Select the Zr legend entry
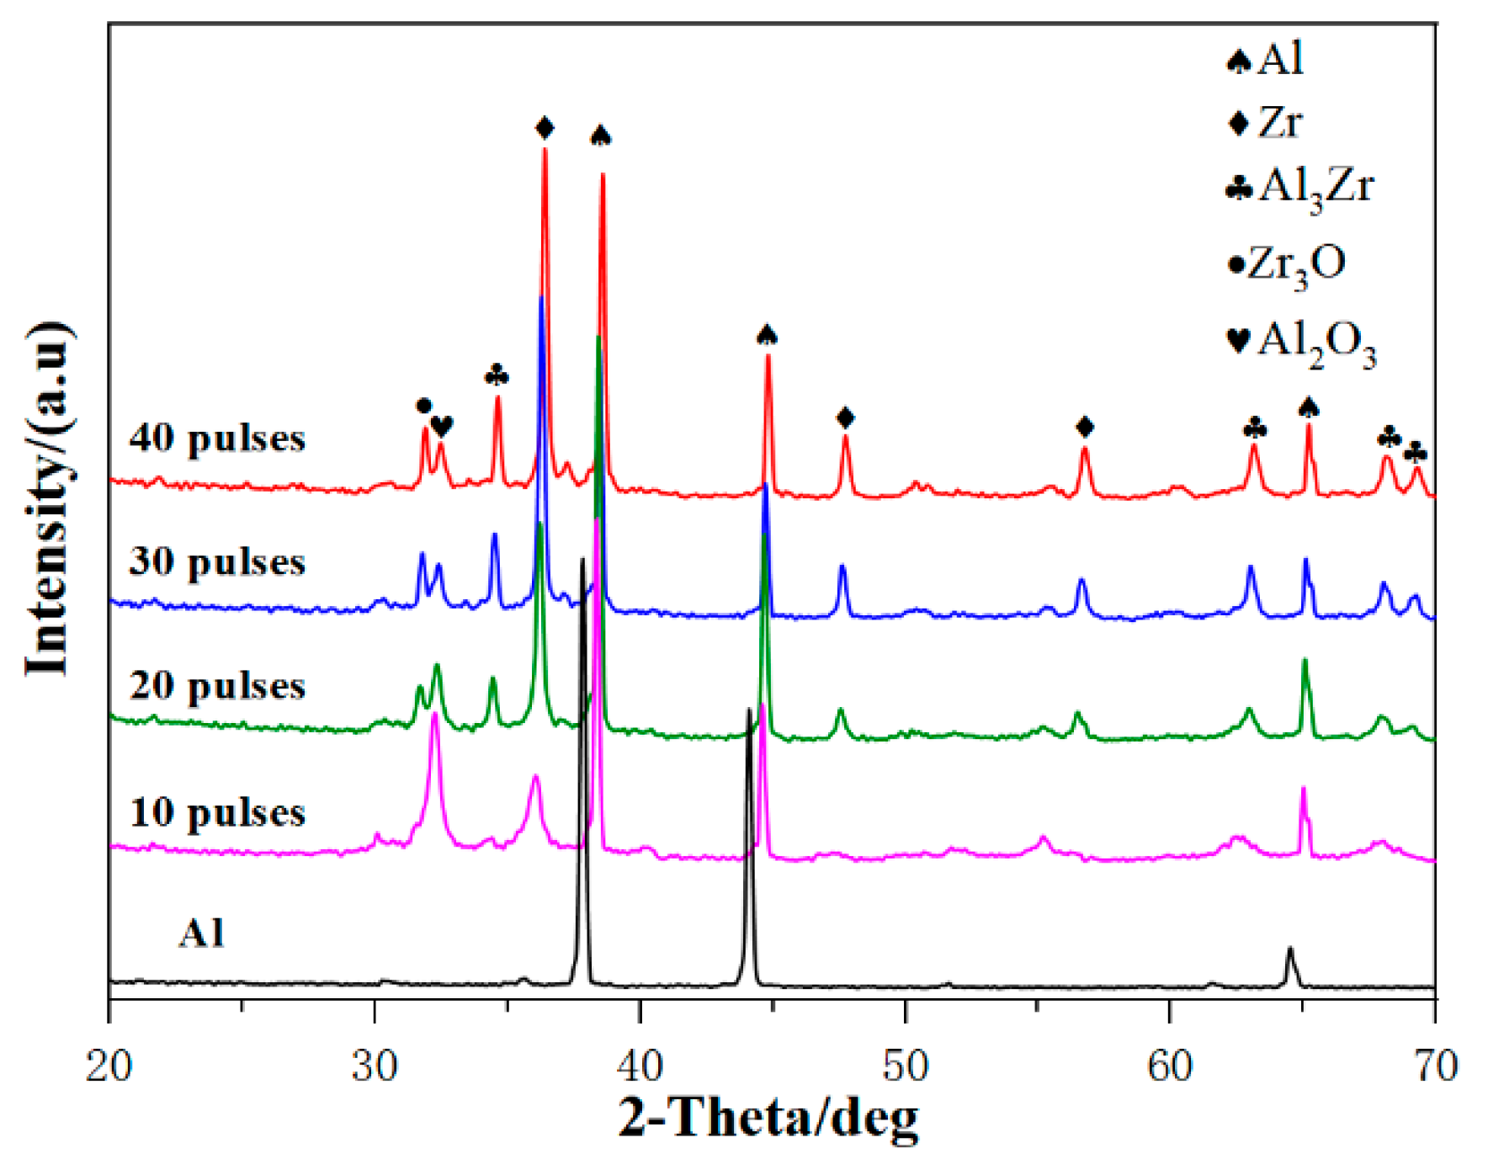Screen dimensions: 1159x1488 (1266, 123)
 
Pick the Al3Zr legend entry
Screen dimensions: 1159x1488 (1300, 188)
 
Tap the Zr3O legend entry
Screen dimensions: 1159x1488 (1287, 264)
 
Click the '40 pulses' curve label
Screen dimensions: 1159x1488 (217, 439)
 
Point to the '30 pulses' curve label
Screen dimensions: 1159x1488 (217, 561)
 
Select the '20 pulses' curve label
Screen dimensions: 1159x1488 (217, 686)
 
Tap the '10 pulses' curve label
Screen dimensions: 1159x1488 (217, 812)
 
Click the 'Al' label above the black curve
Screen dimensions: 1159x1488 (202, 933)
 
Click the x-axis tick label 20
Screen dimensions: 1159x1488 (109, 1067)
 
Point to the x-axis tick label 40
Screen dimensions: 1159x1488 (640, 1067)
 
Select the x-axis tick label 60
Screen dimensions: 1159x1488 (1170, 1067)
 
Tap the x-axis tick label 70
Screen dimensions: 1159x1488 (1435, 1067)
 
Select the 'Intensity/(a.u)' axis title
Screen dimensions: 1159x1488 (48, 498)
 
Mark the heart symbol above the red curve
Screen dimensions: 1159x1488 (442, 426)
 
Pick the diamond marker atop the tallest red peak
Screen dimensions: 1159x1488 (545, 129)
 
